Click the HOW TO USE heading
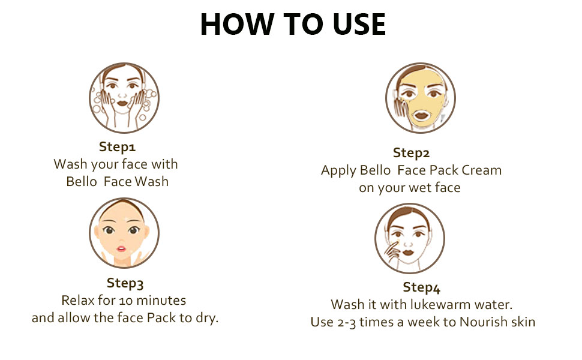pos(293,25)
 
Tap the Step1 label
pos(117,147)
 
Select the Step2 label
pos(411,153)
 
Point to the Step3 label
pos(125,283)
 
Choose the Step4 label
pos(422,287)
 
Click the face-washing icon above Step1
pos(124,98)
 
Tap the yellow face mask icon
pos(421,98)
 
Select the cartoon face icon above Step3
pos(124,233)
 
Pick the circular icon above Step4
pos(409,238)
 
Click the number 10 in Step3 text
pos(126,301)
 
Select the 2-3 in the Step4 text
pos(347,323)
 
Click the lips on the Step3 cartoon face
pos(121,248)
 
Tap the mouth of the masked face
pos(421,115)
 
